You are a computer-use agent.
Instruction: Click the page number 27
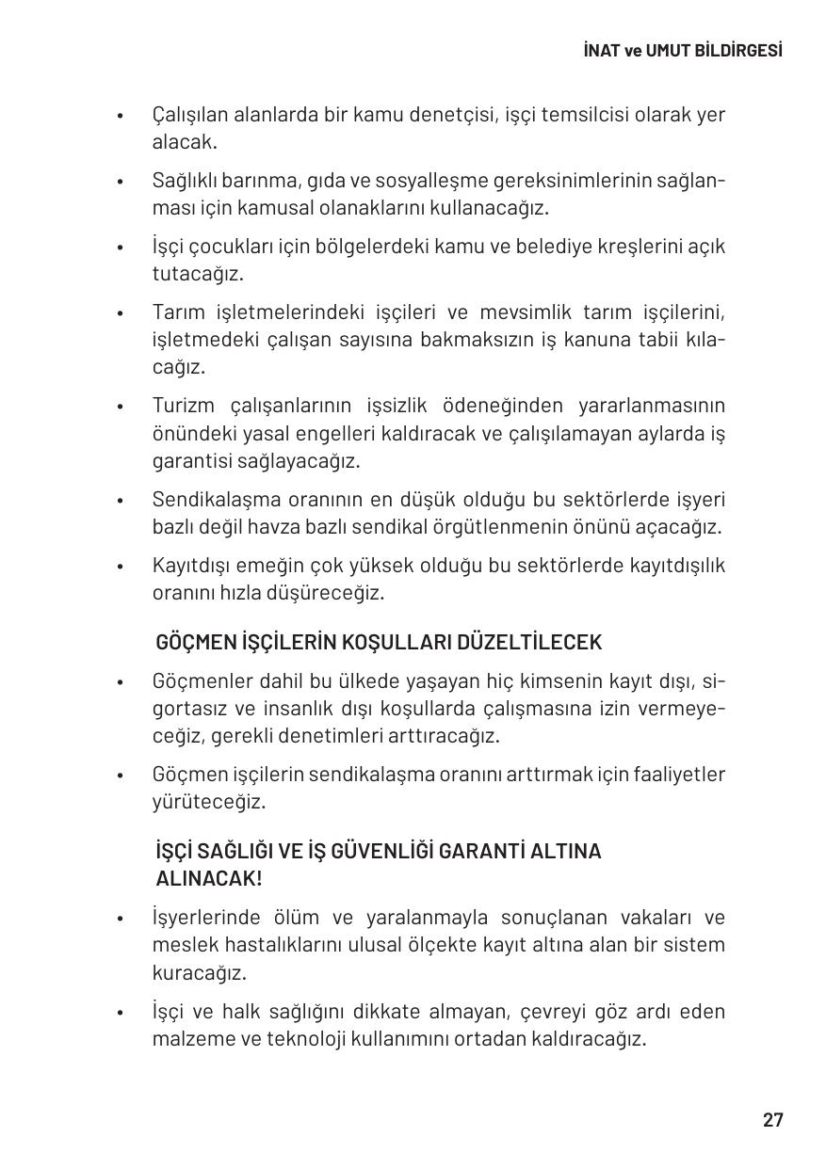(x=772, y=1120)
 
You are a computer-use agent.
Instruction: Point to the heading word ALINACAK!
(x=208, y=879)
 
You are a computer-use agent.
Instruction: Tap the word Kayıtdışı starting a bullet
(x=194, y=566)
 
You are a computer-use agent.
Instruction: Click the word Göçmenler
(x=201, y=680)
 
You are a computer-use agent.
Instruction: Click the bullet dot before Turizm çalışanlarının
(x=121, y=408)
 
